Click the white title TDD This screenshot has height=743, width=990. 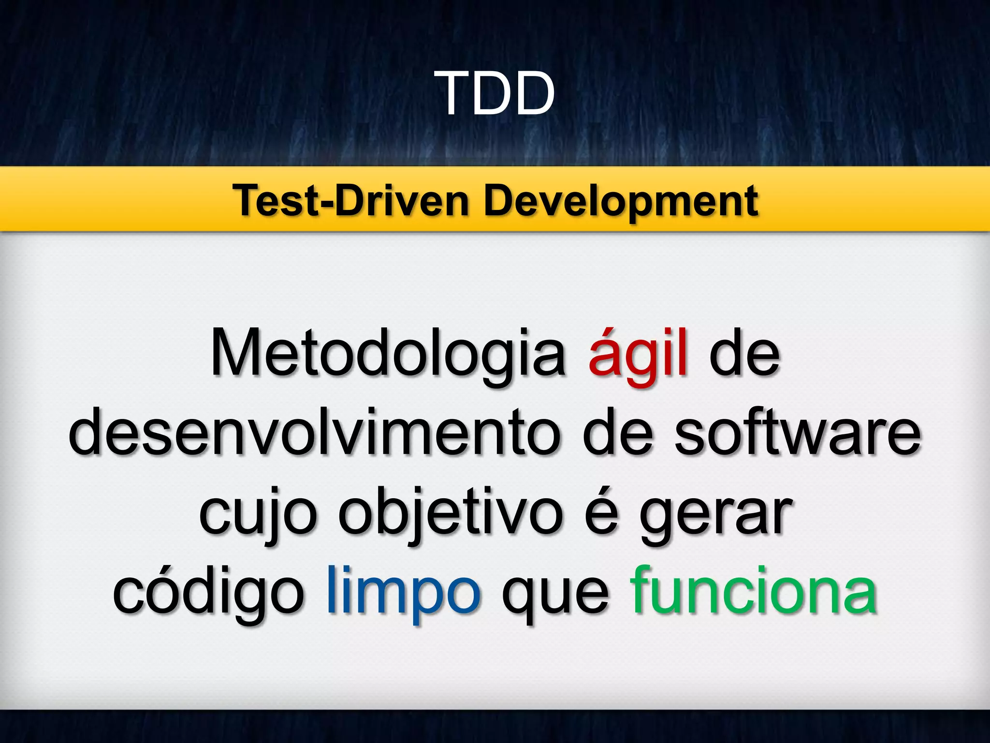click(497, 93)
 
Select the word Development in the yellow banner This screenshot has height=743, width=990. click(621, 201)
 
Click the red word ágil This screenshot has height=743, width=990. click(638, 353)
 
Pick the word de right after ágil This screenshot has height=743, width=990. click(744, 353)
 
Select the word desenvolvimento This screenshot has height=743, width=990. click(314, 432)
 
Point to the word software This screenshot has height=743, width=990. click(798, 432)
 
